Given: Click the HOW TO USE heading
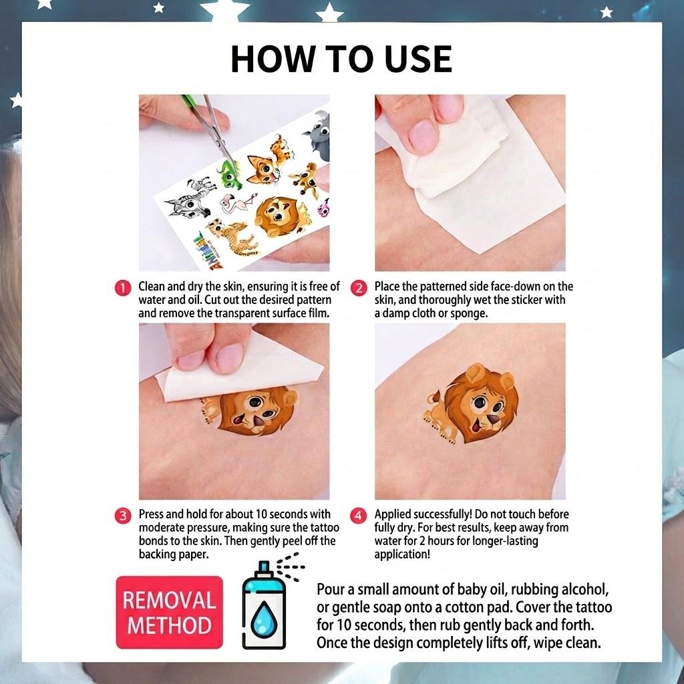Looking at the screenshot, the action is click(341, 59).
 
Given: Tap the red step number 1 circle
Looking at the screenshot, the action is click(123, 288).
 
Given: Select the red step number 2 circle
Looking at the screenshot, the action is click(359, 288).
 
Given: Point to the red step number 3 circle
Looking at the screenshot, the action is click(123, 516).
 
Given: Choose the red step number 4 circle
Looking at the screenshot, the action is click(358, 516).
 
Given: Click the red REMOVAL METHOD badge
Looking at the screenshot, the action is click(169, 613).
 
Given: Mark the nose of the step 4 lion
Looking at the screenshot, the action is click(494, 419).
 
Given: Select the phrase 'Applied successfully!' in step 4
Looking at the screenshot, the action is click(423, 514).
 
